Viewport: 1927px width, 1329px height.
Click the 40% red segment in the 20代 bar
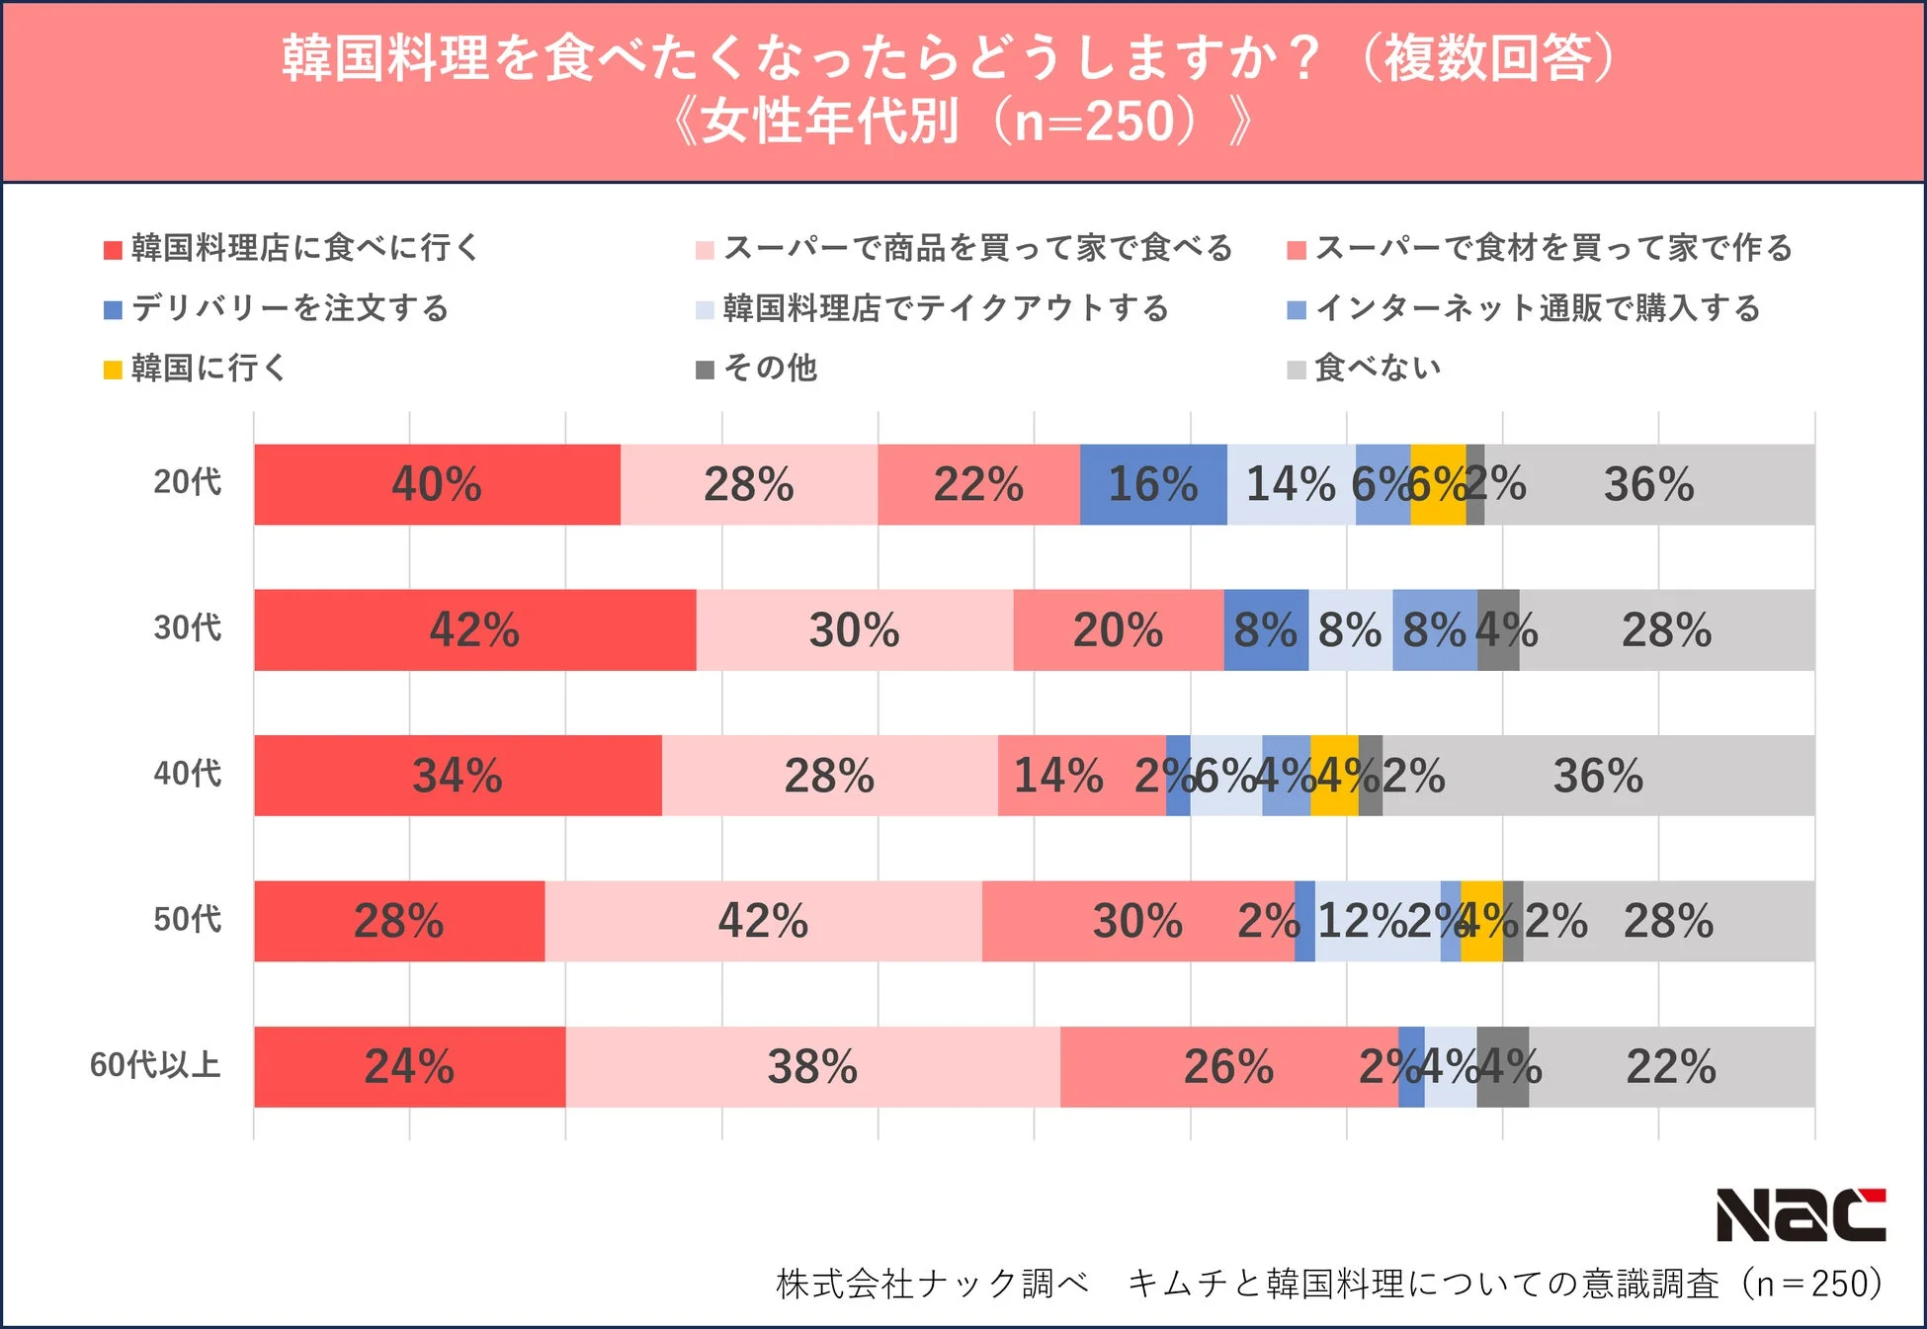coord(437,484)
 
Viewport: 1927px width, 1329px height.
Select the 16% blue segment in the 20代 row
coord(1152,484)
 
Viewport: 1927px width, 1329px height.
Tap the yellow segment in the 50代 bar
coord(1480,921)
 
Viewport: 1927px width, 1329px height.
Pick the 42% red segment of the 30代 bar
coord(474,630)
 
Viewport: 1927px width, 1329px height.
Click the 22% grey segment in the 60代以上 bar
coord(1670,1067)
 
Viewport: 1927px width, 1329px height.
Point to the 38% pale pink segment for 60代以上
coord(812,1067)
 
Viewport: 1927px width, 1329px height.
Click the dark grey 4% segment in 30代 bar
coord(1498,630)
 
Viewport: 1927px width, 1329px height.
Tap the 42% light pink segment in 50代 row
coord(763,921)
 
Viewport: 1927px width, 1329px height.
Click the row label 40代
coord(187,774)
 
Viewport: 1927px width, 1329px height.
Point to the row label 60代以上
coord(155,1065)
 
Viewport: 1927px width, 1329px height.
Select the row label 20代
coord(187,482)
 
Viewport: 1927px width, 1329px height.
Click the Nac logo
coord(1801,1214)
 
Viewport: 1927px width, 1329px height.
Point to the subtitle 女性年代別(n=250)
coord(963,122)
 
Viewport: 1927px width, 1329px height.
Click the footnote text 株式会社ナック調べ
coord(932,1284)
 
